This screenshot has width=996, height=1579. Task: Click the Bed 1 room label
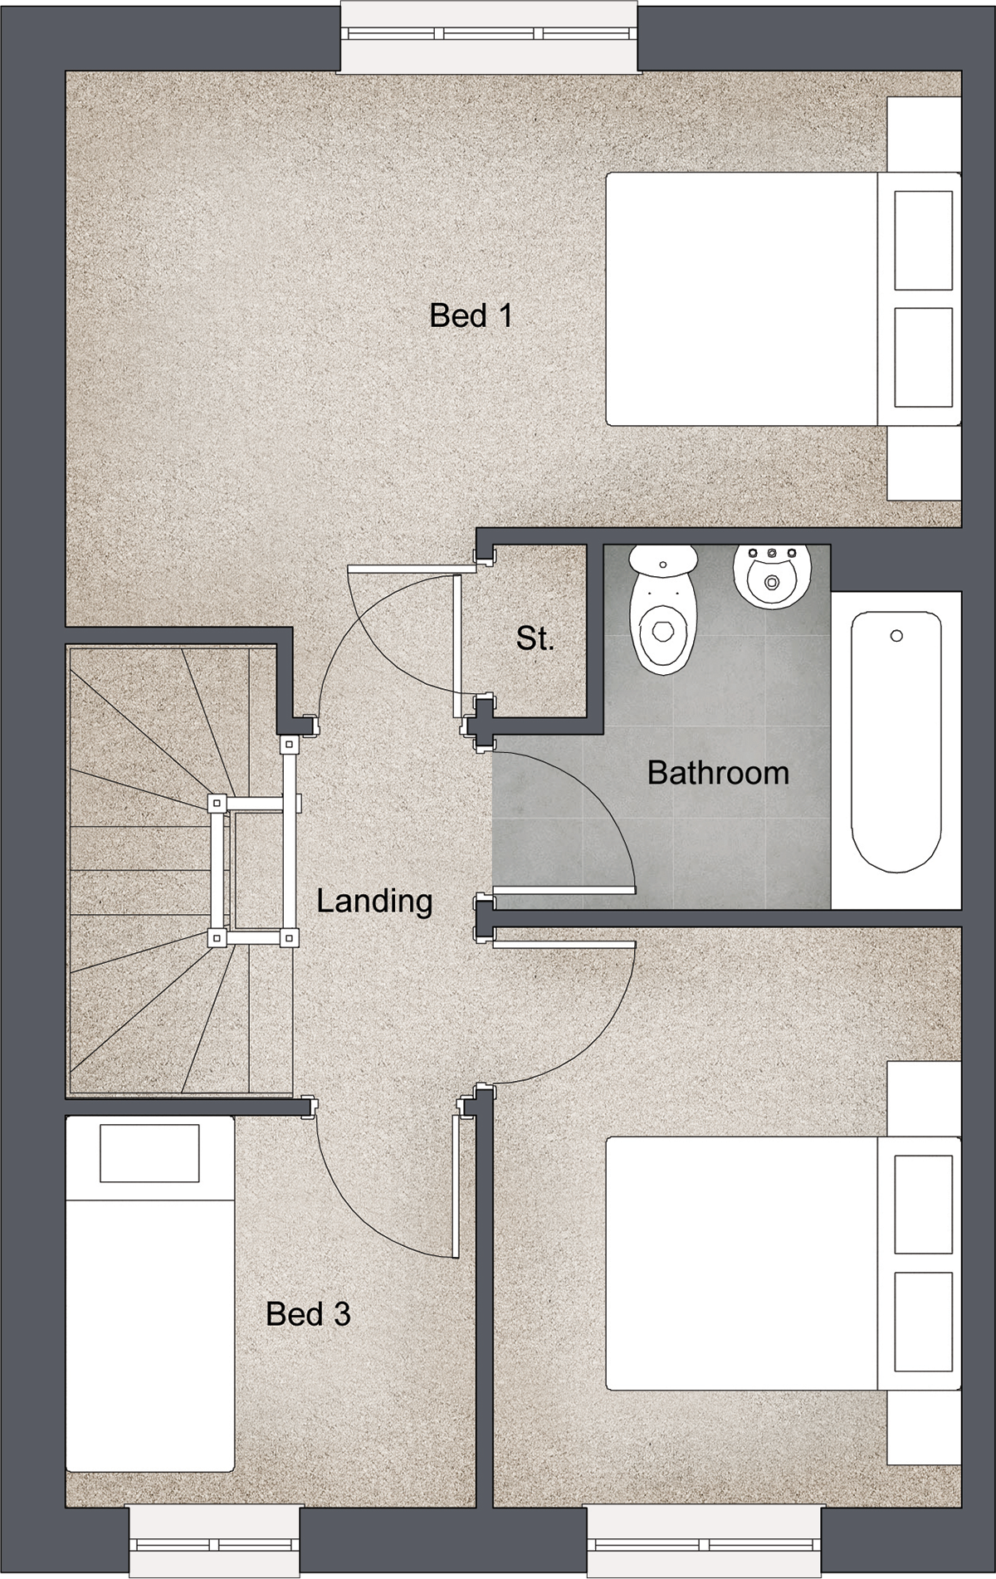(x=471, y=315)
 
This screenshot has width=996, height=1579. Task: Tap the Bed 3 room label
(x=308, y=1313)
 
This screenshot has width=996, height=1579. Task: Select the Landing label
(x=374, y=902)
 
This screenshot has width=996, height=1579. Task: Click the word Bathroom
(x=718, y=773)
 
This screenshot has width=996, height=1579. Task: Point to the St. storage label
(x=535, y=638)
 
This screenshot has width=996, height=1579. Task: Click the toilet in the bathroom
(x=663, y=609)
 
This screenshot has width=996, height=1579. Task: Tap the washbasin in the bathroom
(x=770, y=576)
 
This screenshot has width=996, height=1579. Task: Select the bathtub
(x=896, y=742)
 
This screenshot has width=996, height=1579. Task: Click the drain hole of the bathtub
(x=896, y=636)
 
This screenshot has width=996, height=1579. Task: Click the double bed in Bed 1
(x=784, y=299)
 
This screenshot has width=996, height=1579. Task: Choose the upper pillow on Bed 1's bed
(x=923, y=241)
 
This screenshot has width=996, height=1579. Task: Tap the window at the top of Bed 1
(x=490, y=36)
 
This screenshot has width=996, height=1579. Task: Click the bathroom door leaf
(x=564, y=891)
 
